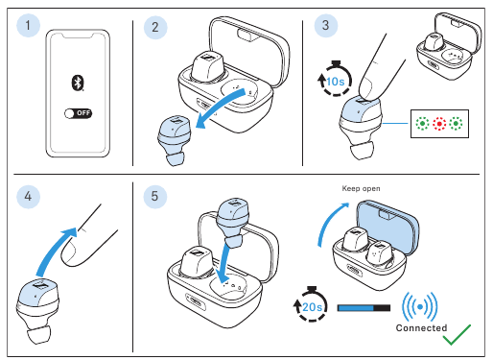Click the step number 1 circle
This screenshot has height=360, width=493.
[28, 25]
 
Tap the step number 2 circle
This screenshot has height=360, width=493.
[155, 27]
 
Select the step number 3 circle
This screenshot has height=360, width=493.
[326, 25]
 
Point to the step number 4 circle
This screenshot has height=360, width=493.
[28, 196]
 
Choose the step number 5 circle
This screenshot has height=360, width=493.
[155, 196]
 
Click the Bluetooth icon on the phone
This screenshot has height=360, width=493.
[78, 83]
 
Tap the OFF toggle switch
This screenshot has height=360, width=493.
[79, 113]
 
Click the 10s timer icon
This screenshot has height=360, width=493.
[334, 79]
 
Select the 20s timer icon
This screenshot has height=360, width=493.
[311, 304]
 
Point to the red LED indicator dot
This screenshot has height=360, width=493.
[439, 124]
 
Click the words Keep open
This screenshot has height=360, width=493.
[361, 188]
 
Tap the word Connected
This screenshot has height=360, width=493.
[421, 327]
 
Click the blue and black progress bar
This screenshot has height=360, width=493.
[364, 308]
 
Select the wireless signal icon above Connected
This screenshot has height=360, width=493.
[420, 306]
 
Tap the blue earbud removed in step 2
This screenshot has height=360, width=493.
[173, 140]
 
